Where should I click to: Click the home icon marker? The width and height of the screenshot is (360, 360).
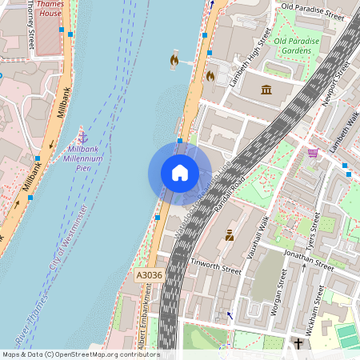180,173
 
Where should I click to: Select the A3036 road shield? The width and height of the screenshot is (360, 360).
148,274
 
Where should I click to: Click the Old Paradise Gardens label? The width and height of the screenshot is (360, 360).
297,46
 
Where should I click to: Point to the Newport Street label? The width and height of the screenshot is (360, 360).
338,81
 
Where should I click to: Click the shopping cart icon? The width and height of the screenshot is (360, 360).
313,152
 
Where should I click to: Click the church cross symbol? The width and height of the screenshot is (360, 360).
298,345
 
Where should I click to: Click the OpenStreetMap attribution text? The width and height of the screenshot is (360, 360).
80,354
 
